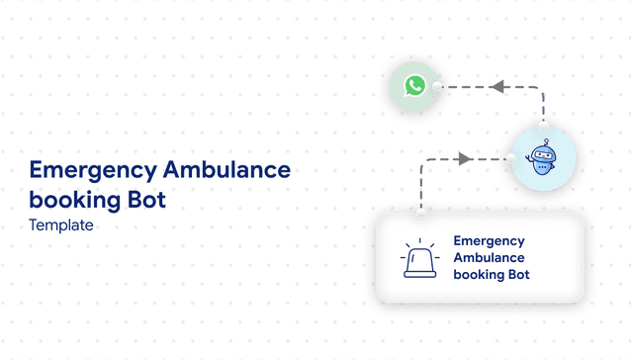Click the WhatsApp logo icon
414,86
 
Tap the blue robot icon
541,158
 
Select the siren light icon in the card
419,260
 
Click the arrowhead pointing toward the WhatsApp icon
497,87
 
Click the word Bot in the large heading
144,199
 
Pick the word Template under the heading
61,225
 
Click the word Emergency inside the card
489,240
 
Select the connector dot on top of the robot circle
543,125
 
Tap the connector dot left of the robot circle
509,158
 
